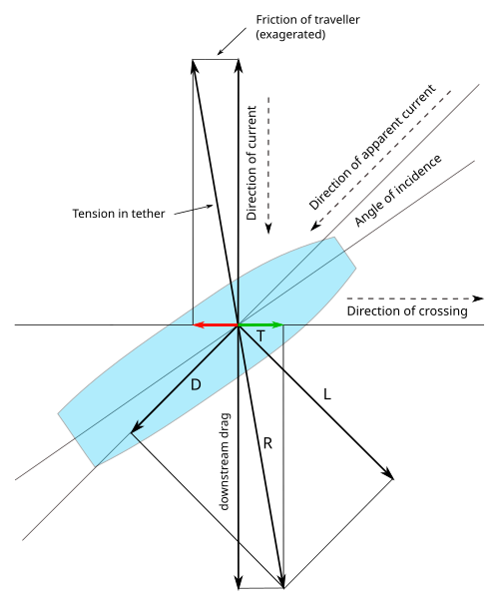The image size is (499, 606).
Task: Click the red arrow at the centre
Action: [216, 325]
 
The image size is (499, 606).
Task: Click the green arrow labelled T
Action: [261, 325]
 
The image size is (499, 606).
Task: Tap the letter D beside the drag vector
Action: [197, 384]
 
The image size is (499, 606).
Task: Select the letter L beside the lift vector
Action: [327, 394]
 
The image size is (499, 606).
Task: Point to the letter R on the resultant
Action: [267, 443]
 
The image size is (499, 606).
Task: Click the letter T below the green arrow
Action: [261, 336]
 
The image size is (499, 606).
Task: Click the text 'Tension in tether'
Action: [119, 214]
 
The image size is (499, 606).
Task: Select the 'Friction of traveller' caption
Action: [307, 19]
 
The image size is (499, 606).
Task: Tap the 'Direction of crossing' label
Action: [407, 311]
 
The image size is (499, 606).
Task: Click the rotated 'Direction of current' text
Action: [251, 163]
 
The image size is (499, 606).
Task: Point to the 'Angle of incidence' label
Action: [398, 191]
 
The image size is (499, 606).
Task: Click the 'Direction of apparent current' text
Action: [372, 147]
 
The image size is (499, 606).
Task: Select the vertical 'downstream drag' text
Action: [225, 461]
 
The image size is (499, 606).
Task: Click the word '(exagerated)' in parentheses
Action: [290, 34]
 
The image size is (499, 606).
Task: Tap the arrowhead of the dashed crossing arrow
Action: [478, 299]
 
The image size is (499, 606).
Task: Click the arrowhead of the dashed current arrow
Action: [268, 229]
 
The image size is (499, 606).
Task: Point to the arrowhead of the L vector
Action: [387, 474]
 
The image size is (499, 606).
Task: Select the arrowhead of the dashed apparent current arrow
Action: [315, 226]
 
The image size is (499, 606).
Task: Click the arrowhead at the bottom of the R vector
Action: [282, 582]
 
